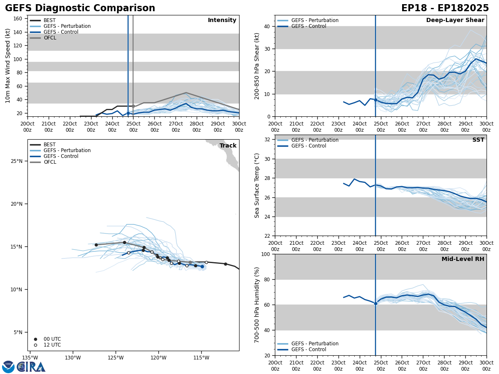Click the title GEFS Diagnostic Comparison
tap(80, 8)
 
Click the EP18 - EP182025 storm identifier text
tap(445, 8)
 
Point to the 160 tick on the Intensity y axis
tap(18, 19)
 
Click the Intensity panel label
tap(222, 20)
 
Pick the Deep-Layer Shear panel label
tap(455, 20)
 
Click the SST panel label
tap(478, 140)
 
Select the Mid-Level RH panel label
tap(463, 259)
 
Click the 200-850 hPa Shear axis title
tap(257, 66)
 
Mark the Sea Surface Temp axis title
tap(257, 185)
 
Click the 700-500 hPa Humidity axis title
tap(257, 305)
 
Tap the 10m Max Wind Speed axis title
tap(8, 66)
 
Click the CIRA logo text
tap(32, 367)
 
